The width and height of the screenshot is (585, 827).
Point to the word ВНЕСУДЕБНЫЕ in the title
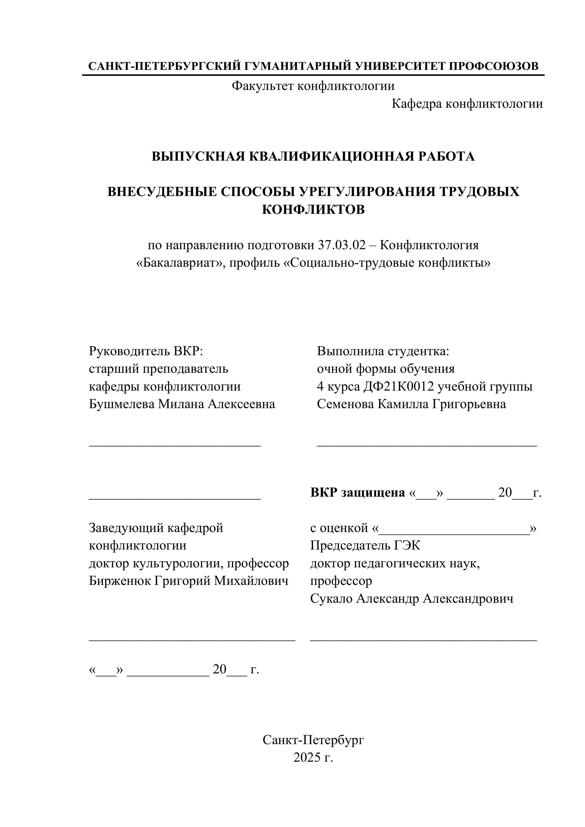(162, 192)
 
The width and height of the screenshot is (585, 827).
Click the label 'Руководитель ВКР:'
(146, 351)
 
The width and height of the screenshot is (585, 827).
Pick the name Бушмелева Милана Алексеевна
(182, 404)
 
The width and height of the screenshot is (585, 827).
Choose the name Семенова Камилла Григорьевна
(411, 404)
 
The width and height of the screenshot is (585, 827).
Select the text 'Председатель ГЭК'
(365, 546)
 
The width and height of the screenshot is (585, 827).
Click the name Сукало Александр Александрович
(412, 599)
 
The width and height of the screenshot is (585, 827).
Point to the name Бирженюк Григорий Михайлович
(188, 581)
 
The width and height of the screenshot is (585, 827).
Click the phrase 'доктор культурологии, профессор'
(188, 563)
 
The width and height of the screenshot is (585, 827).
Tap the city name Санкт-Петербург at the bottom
(313, 740)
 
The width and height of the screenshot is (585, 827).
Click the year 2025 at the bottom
(307, 758)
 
